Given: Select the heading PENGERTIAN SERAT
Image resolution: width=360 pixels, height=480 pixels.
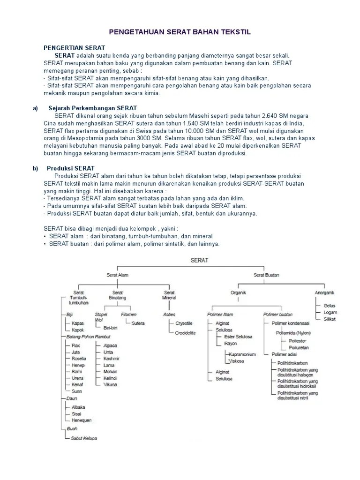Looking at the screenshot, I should tap(74, 48).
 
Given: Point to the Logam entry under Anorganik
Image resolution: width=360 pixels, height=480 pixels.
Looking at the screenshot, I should tap(330, 312).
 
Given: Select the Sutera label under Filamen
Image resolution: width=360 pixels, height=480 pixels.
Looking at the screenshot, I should tap(138, 323).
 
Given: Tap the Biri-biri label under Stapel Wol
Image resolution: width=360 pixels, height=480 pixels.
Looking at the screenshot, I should tap(110, 328).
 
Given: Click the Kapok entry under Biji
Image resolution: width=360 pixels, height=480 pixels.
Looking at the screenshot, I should tap(78, 330).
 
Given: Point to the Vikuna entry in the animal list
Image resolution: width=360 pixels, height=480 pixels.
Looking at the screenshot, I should tap(110, 384).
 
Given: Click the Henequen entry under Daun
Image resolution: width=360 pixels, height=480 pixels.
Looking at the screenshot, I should tap(82, 420).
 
